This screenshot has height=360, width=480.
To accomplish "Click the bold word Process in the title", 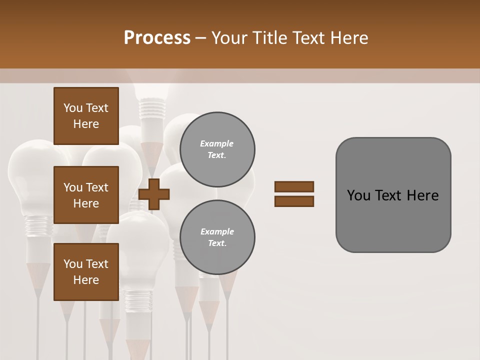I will pos(157,38).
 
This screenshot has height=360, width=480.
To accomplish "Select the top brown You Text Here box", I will pos(86,116).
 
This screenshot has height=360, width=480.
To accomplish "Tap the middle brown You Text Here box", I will pos(86,195).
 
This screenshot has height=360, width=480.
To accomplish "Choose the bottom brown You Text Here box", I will pos(86,272).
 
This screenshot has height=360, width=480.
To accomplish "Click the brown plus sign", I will pos(154,194).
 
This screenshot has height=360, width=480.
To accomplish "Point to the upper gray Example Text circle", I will pos(217,149).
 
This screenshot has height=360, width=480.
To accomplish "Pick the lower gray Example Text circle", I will pos(217,237).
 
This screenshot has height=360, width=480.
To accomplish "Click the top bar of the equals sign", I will pos(294,186).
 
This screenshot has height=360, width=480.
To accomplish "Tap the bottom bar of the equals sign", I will pos(294,201).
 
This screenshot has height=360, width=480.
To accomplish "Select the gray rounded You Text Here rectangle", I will pos(393,195).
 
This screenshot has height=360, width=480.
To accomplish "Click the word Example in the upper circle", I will pos(217,143).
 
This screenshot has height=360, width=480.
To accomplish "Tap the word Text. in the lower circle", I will pos(217,243).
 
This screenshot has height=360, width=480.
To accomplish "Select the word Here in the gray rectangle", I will pos(422,195).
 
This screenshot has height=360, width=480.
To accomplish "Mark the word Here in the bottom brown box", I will pos(86,280).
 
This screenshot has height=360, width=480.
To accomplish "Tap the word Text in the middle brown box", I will pos(97,187).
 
